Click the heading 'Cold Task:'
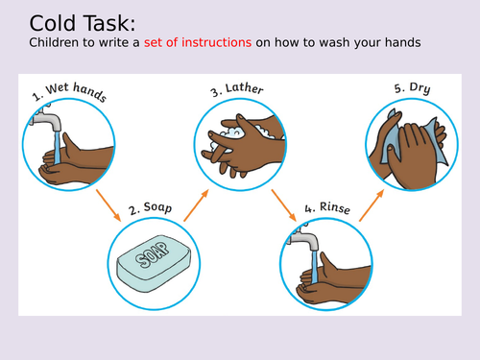tap(68, 22)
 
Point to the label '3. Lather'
tap(237, 91)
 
